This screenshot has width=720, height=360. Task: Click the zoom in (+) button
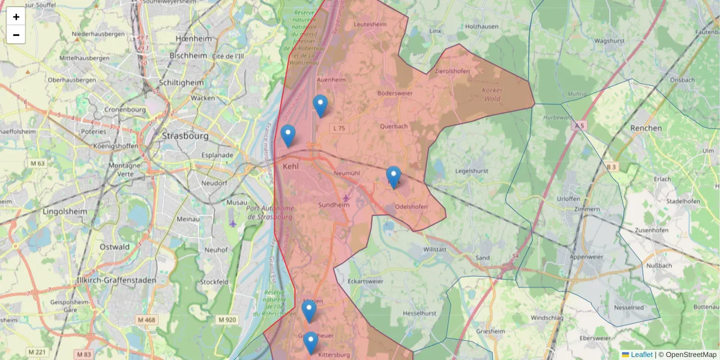click(16, 16)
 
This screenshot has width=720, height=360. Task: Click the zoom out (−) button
click(16, 35)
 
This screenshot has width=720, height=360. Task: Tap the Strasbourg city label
click(185, 136)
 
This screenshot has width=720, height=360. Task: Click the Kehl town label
click(290, 166)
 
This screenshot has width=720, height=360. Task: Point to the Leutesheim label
click(371, 25)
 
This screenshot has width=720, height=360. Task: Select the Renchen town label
click(646, 128)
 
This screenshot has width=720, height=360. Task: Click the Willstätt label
click(435, 248)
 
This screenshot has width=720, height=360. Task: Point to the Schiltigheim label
click(181, 83)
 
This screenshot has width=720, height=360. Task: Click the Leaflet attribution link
click(641, 355)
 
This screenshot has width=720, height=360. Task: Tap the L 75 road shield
click(339, 128)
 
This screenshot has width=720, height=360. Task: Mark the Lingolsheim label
click(65, 212)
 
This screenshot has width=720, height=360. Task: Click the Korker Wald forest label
click(492, 94)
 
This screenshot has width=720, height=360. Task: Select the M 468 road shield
click(146, 320)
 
